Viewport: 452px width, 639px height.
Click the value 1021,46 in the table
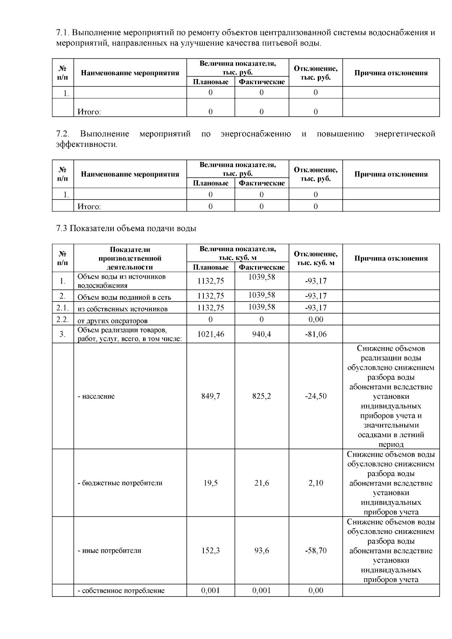(x=211, y=334)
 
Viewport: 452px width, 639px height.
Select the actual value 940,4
(x=261, y=334)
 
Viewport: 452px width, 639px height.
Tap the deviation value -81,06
(x=316, y=334)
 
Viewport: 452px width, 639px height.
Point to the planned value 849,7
(x=211, y=396)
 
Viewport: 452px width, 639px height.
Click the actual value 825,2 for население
(x=261, y=396)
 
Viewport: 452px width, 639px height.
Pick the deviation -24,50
(x=316, y=396)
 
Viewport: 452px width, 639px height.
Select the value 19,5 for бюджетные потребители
(x=211, y=483)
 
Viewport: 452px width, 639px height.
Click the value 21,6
(x=261, y=483)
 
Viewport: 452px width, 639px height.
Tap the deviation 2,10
(x=316, y=483)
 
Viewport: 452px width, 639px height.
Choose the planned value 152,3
(x=211, y=551)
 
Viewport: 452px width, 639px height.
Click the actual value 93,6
(x=261, y=551)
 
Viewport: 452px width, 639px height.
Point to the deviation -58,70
(x=316, y=551)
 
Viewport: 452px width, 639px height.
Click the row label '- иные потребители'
(x=109, y=551)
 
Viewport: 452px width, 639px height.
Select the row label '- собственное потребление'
(x=121, y=590)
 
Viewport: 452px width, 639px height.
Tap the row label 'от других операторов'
(x=112, y=321)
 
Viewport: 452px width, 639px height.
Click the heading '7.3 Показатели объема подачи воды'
(x=126, y=229)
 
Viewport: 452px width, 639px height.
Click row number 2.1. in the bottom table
(x=63, y=308)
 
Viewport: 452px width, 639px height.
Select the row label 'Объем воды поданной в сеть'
(x=124, y=297)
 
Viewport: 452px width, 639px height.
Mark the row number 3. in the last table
(x=63, y=334)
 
